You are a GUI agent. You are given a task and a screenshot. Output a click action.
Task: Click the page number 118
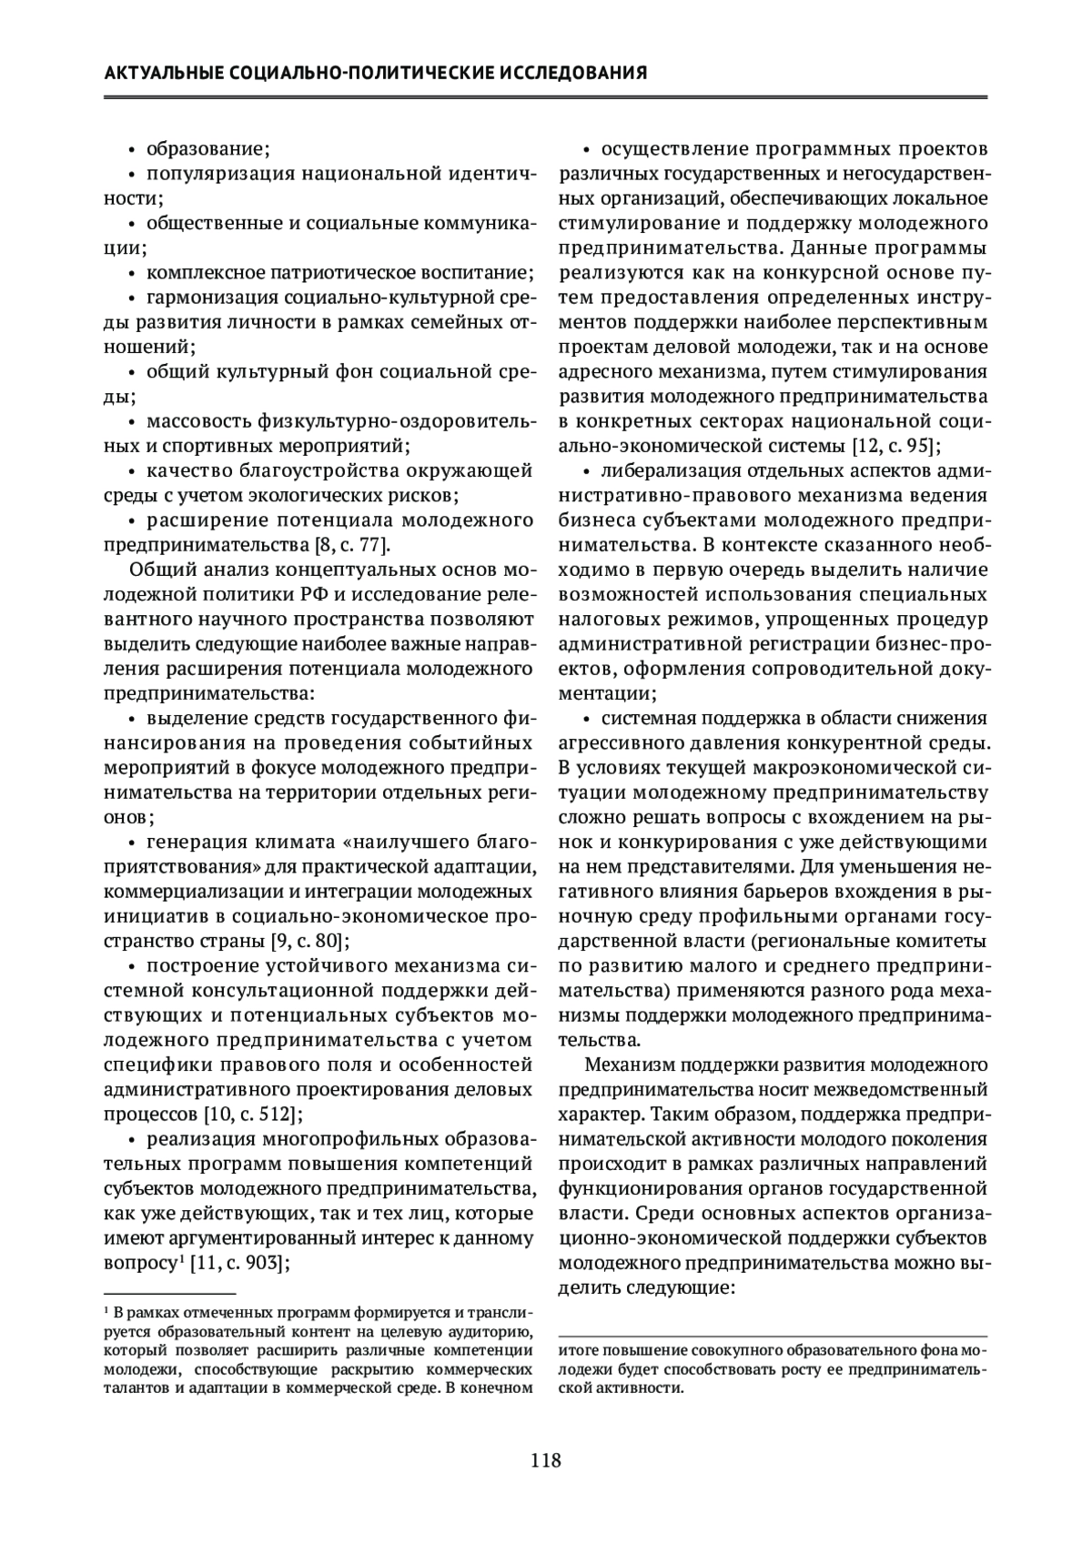click(x=545, y=1461)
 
